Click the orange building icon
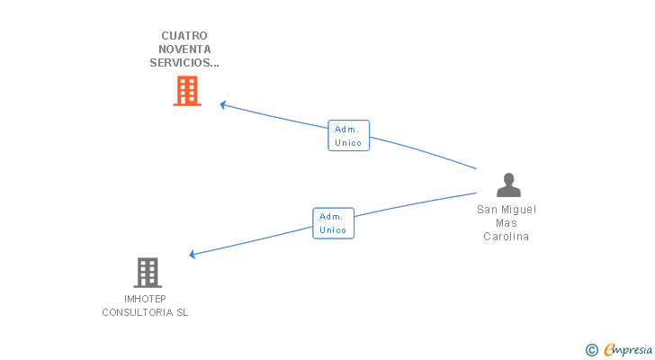click(x=187, y=91)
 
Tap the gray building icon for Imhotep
click(x=148, y=273)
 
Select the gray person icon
click(x=508, y=184)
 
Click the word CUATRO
click(x=184, y=36)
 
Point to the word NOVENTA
click(x=184, y=49)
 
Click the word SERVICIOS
click(x=181, y=63)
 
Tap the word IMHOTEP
click(x=145, y=299)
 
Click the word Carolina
click(x=507, y=237)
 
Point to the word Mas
click(x=507, y=223)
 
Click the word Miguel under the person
click(x=519, y=210)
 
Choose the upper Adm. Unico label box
click(x=349, y=136)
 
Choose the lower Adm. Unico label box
click(x=333, y=223)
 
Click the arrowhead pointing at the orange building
click(x=222, y=104)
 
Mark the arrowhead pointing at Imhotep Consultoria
click(x=193, y=254)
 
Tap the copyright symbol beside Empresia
click(x=591, y=350)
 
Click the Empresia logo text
click(x=628, y=350)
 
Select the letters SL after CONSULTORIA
click(x=182, y=312)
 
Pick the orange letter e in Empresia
click(x=609, y=350)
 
